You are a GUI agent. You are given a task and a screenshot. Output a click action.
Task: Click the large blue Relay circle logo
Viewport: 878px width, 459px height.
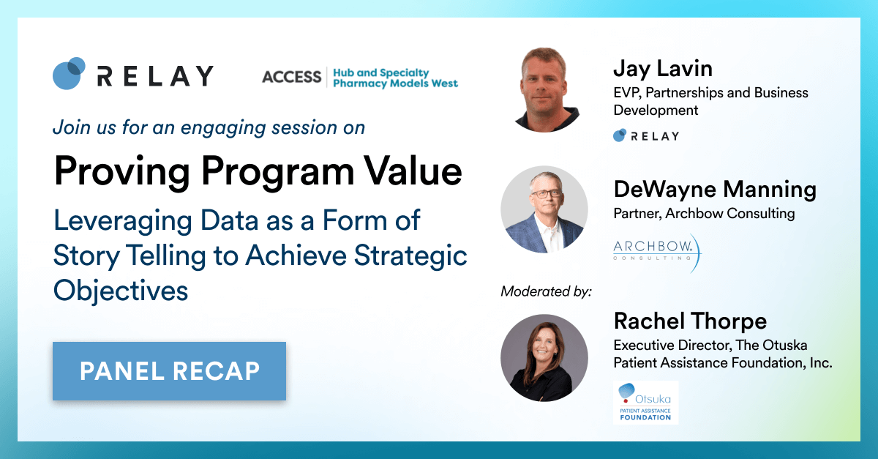69,73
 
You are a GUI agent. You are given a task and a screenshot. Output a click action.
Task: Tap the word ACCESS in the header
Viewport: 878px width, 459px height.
292,77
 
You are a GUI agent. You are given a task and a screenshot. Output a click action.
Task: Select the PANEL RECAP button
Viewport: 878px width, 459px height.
169,371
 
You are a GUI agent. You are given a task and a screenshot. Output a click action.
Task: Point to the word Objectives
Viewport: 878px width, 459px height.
121,291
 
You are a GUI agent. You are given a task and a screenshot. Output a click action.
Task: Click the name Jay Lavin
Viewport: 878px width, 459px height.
663,70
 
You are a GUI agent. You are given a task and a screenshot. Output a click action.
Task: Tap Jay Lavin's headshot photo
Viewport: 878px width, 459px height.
545,90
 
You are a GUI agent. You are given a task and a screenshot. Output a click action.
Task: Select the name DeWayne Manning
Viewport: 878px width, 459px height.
715,190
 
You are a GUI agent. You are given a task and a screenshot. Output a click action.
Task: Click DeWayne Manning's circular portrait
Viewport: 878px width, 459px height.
544,209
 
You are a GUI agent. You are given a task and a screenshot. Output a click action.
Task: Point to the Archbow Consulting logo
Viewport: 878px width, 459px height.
657,253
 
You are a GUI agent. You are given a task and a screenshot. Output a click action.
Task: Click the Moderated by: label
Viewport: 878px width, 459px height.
546,291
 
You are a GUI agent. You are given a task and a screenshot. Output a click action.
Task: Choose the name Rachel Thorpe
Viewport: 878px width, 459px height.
690,321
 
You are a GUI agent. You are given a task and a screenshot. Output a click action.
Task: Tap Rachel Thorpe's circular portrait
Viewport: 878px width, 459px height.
544,358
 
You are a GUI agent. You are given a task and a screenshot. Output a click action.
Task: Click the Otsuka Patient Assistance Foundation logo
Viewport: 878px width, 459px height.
645,403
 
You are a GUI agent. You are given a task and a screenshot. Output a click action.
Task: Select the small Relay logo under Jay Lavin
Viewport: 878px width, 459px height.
646,135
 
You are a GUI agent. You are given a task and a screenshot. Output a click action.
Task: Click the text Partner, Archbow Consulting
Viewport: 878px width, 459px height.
704,214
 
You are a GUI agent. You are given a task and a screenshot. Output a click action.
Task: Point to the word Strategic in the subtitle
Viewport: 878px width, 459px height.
410,256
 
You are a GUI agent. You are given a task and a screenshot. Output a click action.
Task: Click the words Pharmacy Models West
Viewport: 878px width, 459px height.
395,83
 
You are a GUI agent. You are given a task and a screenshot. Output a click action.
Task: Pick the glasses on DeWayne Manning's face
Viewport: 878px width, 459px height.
546,193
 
